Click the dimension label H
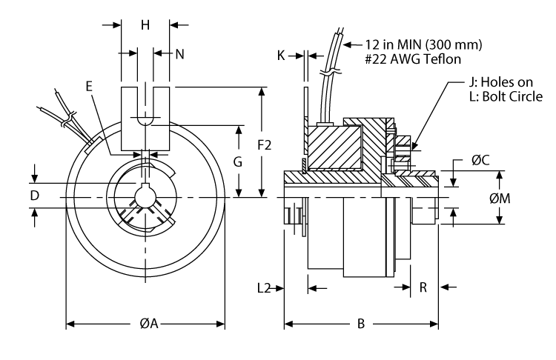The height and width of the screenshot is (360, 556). click(145, 25)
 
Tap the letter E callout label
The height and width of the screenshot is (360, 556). click(89, 87)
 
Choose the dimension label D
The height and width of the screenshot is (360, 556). click(34, 196)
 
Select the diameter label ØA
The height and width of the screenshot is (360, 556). click(148, 324)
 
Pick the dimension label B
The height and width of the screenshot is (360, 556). click(361, 324)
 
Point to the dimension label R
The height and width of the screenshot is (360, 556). click(423, 287)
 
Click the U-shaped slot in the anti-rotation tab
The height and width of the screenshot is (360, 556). click(145, 111)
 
